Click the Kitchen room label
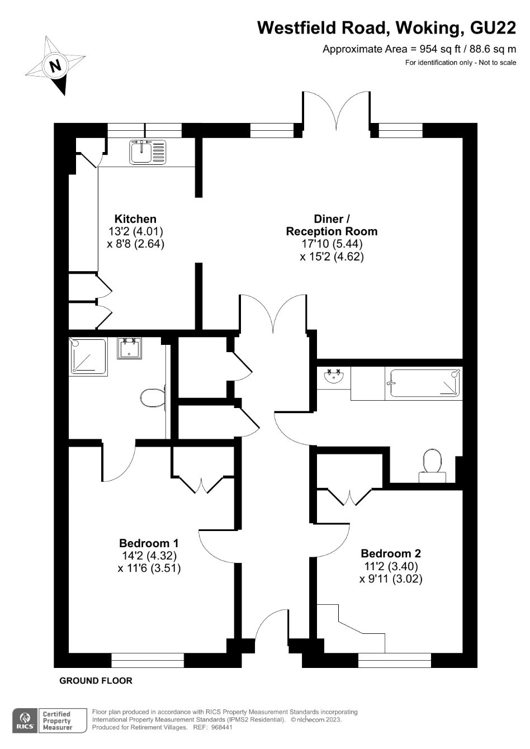click(x=135, y=219)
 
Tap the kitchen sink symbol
click(x=148, y=151)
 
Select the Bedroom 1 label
click(x=149, y=543)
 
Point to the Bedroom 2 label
click(x=390, y=554)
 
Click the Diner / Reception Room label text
click(x=332, y=225)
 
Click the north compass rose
click(x=55, y=65)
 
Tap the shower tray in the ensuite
click(x=87, y=356)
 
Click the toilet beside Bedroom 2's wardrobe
click(x=432, y=465)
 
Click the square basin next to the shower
click(x=129, y=348)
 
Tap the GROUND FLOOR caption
click(x=96, y=681)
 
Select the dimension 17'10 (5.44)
click(x=332, y=244)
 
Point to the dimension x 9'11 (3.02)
click(x=390, y=579)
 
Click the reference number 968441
click(x=220, y=727)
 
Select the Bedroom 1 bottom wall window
click(x=148, y=660)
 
